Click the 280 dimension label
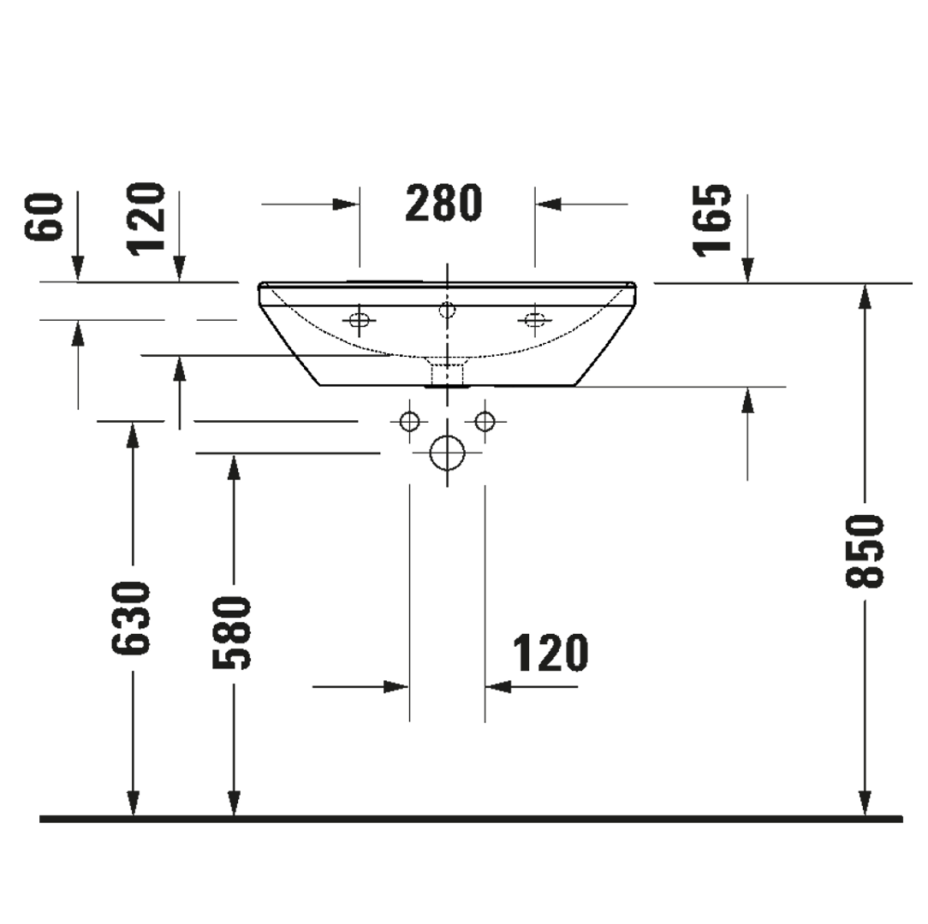pyautogui.click(x=443, y=204)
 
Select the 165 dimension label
pyautogui.click(x=713, y=220)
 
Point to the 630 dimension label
pyautogui.click(x=133, y=619)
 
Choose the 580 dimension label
pyautogui.click(x=233, y=634)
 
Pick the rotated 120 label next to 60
pyautogui.click(x=146, y=218)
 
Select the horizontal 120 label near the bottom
pyautogui.click(x=550, y=654)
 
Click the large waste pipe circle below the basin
pyautogui.click(x=447, y=453)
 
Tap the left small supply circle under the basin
pyautogui.click(x=410, y=421)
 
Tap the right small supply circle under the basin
pyautogui.click(x=485, y=421)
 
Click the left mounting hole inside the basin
pyautogui.click(x=359, y=320)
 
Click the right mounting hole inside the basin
pyautogui.click(x=535, y=320)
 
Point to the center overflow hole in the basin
pyautogui.click(x=446, y=309)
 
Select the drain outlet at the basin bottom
pyautogui.click(x=446, y=374)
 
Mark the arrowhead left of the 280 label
pyautogui.click(x=346, y=204)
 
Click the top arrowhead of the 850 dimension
pyautogui.click(x=866, y=295)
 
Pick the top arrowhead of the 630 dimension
pyautogui.click(x=133, y=435)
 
